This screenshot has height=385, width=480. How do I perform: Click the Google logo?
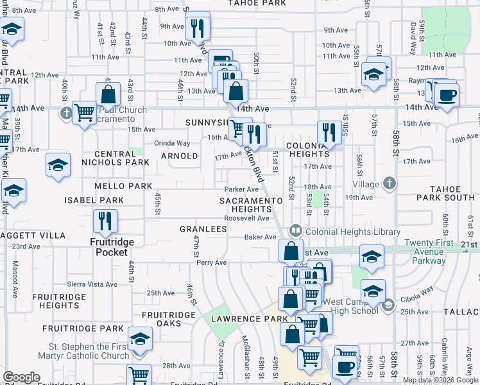tap(21, 377)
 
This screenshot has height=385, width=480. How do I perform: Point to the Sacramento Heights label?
tap(250, 205)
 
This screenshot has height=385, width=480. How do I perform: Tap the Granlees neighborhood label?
tap(203, 229)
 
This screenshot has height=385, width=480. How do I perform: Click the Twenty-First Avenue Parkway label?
tap(429, 252)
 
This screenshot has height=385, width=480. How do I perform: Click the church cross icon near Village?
tap(388, 184)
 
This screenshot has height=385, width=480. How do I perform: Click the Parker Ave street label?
tap(241, 189)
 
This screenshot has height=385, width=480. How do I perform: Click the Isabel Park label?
tap(94, 201)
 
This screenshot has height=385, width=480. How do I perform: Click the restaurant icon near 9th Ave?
tap(197, 28)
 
